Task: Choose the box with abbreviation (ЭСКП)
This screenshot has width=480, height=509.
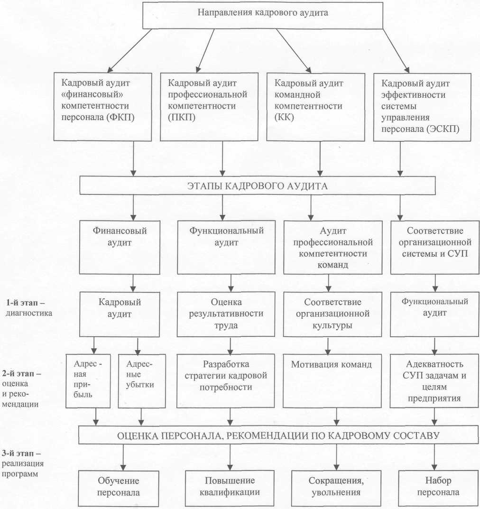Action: pyautogui.click(x=422, y=106)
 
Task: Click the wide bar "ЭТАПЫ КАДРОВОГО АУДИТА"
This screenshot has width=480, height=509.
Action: pyautogui.click(x=257, y=185)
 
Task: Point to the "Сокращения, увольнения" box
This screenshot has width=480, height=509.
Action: pyautogui.click(x=337, y=486)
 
